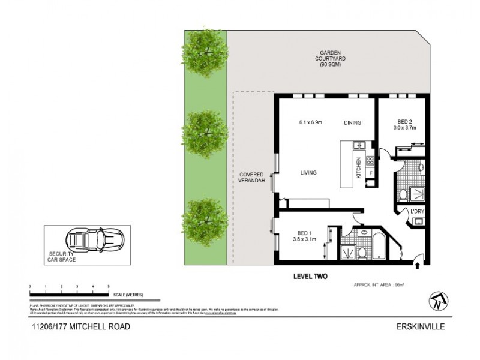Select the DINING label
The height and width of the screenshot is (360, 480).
pos(352,123)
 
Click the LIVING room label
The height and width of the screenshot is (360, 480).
pos(308,173)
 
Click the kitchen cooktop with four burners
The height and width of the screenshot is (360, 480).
pos(370,160)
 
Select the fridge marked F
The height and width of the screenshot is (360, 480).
pos(370,173)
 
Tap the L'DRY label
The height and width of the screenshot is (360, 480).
pos(418,211)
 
